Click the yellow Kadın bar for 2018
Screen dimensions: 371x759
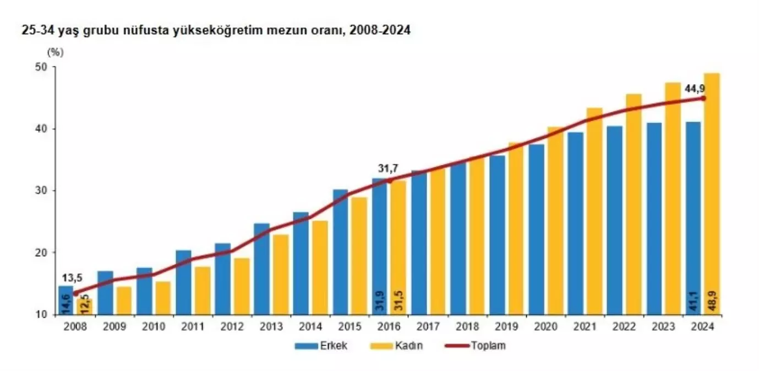(476, 236)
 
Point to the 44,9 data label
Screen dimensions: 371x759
(695, 88)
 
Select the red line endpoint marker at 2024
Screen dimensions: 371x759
(703, 98)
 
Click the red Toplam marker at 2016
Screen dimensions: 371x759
(389, 180)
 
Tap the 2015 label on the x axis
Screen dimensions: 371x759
(350, 326)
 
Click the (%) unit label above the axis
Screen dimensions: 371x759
(56, 53)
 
